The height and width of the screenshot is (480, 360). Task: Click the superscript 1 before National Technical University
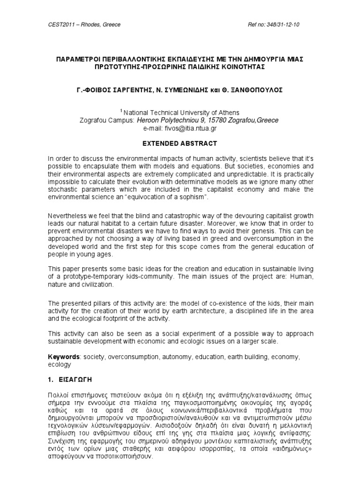121,111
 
